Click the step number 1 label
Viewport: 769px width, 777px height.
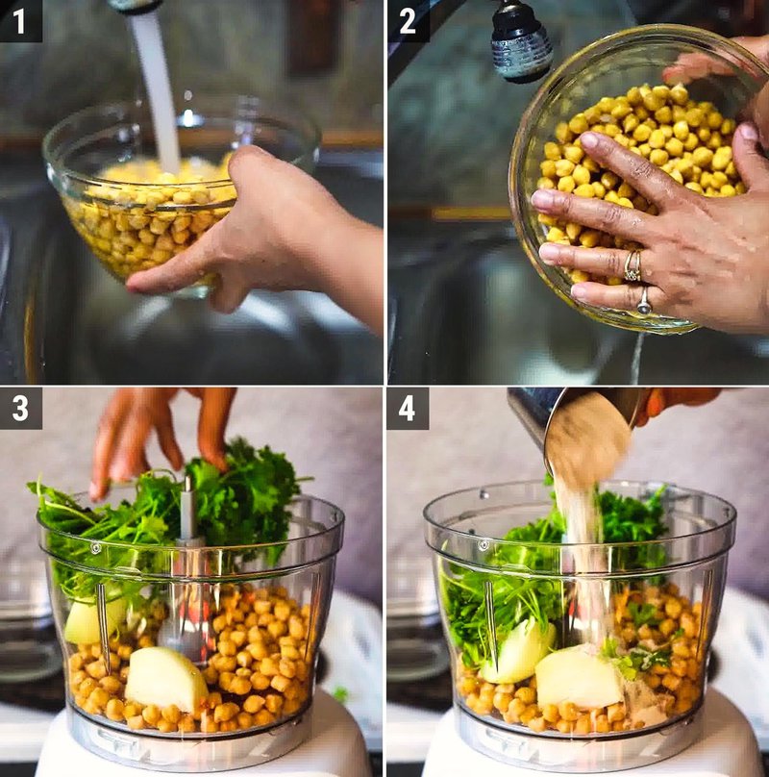20,20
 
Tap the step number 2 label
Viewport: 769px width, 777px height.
408,20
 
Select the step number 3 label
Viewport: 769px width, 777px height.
20,409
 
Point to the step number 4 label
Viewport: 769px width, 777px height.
408,409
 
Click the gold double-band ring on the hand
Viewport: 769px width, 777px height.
633,265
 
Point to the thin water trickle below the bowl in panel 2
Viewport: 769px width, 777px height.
635,358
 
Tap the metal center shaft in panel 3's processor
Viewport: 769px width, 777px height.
187,510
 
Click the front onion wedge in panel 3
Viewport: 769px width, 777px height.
165,678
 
